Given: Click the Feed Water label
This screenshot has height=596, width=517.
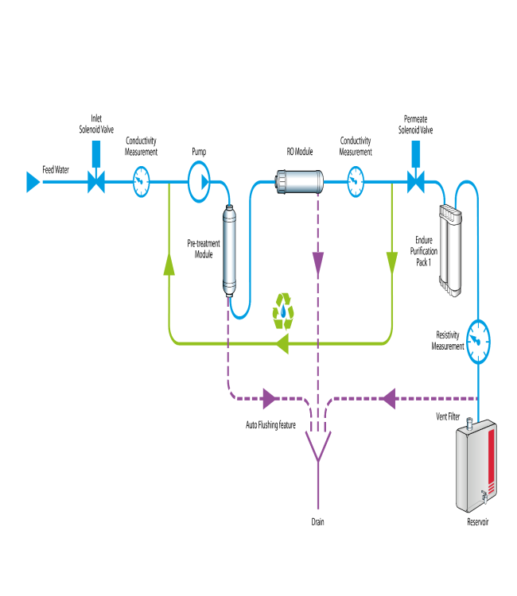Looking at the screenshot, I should tap(56, 169).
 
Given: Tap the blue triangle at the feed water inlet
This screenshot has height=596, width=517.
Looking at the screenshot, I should tap(33, 183).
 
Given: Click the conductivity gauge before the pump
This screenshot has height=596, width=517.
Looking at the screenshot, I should tap(141, 183).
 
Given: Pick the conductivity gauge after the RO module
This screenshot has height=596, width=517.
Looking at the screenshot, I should tap(355, 183).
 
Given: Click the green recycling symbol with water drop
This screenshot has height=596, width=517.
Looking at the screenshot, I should tap(284, 311).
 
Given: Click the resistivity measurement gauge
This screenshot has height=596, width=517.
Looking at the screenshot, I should tap(478, 341).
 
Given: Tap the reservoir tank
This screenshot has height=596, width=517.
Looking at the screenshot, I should tap(476, 469).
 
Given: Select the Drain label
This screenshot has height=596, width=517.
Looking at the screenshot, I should tap(318, 522).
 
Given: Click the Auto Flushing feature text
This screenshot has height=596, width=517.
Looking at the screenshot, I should tap(270, 425).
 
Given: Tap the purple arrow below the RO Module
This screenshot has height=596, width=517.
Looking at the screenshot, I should tap(318, 261).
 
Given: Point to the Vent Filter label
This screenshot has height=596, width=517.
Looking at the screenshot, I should tap(450, 416).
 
